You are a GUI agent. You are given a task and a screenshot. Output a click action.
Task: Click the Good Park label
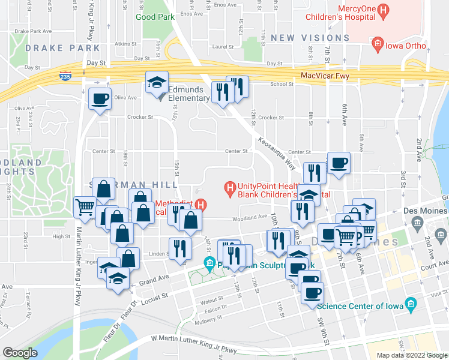click(x=155, y=17)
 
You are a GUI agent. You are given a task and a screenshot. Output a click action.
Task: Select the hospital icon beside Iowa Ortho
click(x=377, y=43)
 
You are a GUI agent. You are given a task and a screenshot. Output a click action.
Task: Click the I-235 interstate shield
click(x=65, y=76)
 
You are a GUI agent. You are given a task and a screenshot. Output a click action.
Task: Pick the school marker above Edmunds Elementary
click(x=157, y=82)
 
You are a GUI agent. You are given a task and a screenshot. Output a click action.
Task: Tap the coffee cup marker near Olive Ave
click(x=100, y=98)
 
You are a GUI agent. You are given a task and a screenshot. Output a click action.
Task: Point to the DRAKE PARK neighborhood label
click(x=55, y=47)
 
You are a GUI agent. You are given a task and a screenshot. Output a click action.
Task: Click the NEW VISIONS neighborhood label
click(x=310, y=38)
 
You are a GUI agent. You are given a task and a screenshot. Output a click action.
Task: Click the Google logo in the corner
click(x=20, y=353)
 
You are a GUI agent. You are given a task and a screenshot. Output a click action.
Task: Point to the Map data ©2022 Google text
click(x=411, y=355)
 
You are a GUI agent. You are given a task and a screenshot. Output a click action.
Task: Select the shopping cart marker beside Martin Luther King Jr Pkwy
click(x=85, y=206)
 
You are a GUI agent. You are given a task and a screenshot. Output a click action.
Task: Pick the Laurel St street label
click(x=221, y=46)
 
